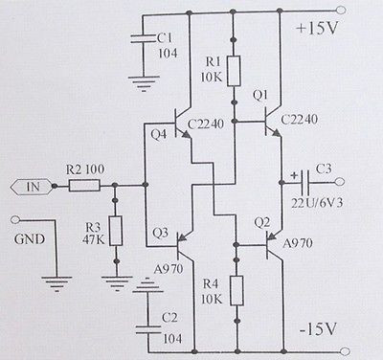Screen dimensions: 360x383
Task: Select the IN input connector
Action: click(x=29, y=187)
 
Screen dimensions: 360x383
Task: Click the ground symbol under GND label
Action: click(x=55, y=281)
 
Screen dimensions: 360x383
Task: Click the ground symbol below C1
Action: click(x=144, y=83)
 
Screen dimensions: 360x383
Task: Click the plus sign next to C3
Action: click(x=291, y=175)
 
